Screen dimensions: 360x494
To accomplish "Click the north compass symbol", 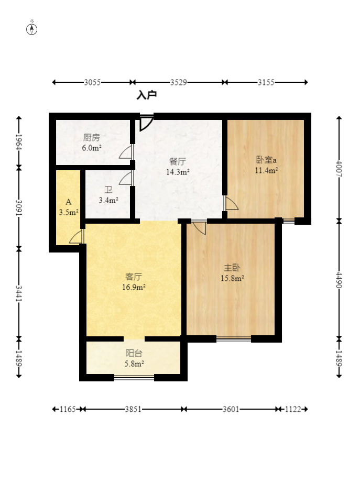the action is point(31,29).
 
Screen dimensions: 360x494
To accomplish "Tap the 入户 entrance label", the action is point(147,95).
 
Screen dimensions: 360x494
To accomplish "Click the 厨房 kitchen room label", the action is point(92,137).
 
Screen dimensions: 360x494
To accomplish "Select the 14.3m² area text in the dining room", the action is point(178,172).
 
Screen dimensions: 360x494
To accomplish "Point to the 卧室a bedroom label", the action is point(266,160).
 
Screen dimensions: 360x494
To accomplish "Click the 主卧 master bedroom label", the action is point(232,268).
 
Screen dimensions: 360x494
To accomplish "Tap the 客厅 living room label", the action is point(134,277).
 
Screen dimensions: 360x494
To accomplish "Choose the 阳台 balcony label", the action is point(134,353).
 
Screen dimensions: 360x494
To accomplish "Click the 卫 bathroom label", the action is point(108,190).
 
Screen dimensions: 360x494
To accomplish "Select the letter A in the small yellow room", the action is point(69,202).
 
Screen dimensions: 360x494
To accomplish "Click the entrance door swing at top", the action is point(146,123).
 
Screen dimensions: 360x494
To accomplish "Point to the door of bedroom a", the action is point(231,203).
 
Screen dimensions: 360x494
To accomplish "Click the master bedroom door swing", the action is point(199,227).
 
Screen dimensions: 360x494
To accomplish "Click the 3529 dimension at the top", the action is point(178,83).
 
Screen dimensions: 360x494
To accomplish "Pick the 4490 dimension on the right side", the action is point(339,280).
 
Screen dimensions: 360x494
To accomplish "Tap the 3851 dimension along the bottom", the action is point(133,409).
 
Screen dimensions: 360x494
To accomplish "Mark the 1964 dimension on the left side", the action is point(19,142).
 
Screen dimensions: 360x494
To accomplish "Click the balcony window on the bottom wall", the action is point(134,377).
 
